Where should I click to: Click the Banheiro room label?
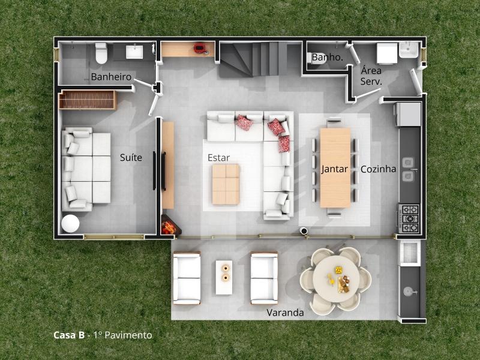tap(111, 77)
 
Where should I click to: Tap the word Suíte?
tap(131, 158)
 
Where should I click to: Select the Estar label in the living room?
tap(218, 158)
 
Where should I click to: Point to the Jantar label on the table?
tap(335, 169)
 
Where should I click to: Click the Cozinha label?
tap(378, 169)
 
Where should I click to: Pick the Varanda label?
tap(285, 313)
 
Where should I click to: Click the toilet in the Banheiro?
tap(101, 52)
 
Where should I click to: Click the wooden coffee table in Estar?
tap(226, 184)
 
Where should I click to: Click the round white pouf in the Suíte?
tap(70, 224)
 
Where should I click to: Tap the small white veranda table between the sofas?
tap(224, 277)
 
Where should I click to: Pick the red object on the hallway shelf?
tap(199, 48)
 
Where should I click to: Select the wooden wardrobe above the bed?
tap(88, 100)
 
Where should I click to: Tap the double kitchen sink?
tap(409, 169)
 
